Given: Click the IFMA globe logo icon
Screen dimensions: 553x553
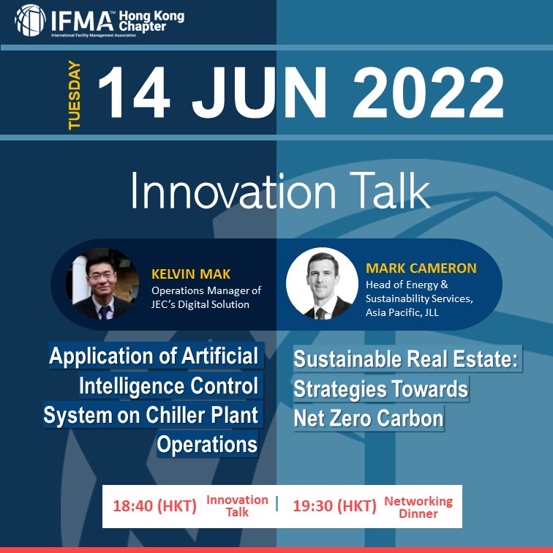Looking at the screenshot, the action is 30,20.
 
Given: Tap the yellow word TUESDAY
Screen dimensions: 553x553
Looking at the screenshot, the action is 75,95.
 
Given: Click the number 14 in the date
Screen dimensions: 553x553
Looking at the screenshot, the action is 134,92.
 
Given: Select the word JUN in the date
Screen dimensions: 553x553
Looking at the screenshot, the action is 259,92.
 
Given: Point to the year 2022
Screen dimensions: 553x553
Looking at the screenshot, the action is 428,92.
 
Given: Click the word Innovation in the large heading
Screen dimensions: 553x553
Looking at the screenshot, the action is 233,191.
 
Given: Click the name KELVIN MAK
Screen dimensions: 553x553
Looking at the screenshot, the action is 191,274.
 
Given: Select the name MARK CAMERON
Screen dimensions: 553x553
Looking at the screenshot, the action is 421,268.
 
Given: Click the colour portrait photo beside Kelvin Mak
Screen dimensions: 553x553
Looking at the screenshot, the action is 102,285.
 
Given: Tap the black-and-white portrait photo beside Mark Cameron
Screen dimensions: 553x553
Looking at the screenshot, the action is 322,283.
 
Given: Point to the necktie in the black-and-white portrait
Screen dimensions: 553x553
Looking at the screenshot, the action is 321,313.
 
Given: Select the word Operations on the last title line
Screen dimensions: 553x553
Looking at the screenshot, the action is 207,445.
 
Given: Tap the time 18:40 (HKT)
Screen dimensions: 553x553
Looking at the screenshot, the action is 154,506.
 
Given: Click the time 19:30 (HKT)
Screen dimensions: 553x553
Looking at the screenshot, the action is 335,506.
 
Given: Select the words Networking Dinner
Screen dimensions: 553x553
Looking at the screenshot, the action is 418,507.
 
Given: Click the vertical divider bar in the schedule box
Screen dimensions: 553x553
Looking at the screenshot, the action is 276,503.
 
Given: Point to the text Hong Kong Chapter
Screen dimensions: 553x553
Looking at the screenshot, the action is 151,21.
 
